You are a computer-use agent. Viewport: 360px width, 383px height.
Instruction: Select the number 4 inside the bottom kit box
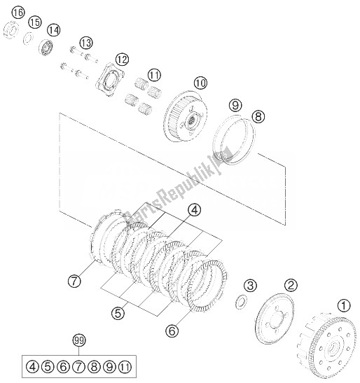point(31,365)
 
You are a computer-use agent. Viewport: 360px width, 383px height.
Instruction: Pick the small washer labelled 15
point(31,39)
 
